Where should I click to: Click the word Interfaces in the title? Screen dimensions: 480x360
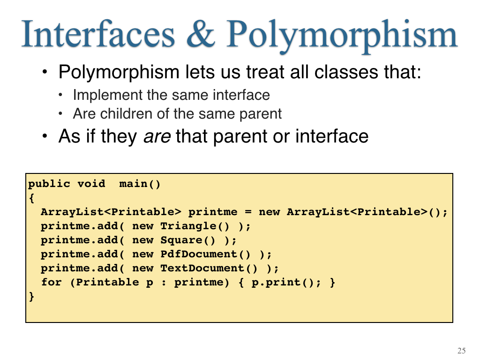click(x=98, y=34)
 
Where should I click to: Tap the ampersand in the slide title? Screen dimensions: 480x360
click(x=201, y=34)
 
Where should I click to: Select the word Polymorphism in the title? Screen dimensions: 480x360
click(x=342, y=37)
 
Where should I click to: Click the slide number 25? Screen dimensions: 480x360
click(x=462, y=351)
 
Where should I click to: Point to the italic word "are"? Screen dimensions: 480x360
click(x=157, y=137)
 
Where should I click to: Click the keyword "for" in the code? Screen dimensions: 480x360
click(x=52, y=282)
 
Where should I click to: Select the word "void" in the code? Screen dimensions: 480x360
click(x=91, y=184)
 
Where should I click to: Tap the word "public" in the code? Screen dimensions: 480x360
click(x=49, y=184)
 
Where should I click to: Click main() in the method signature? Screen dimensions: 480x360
click(x=140, y=184)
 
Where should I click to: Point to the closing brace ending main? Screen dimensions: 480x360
click(x=31, y=297)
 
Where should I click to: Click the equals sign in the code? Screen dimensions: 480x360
click(x=248, y=212)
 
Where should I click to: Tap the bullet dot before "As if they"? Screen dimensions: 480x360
click(x=45, y=136)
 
